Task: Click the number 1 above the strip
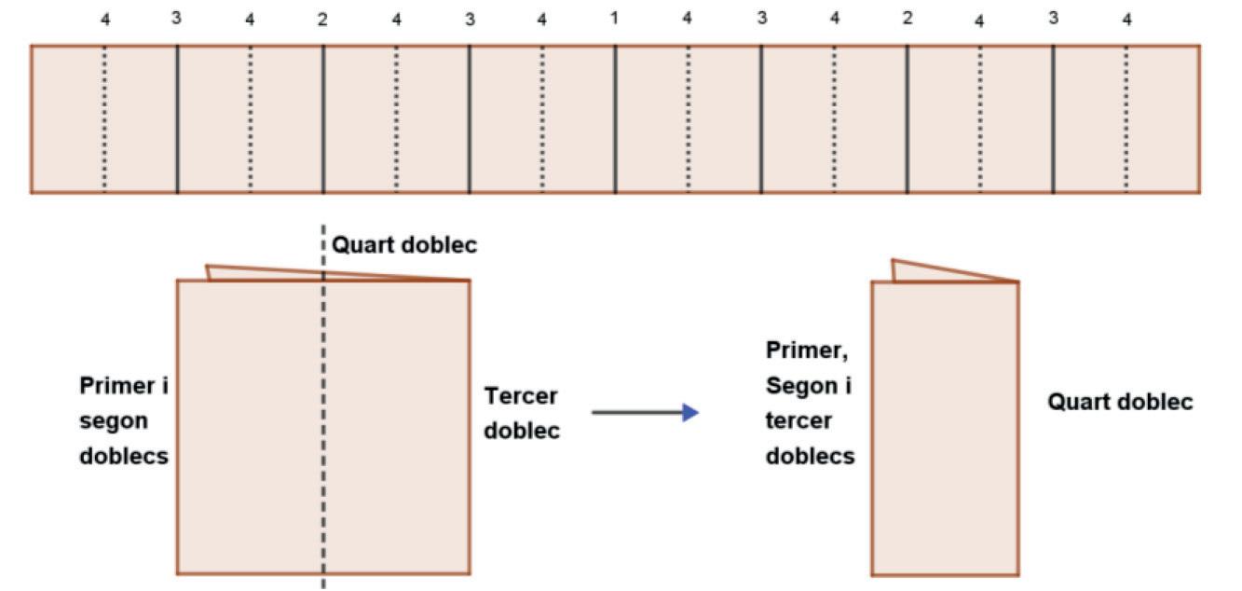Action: click(x=614, y=18)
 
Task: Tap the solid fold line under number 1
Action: click(x=615, y=119)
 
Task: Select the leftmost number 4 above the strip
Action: click(x=105, y=20)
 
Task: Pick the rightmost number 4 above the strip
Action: click(x=1126, y=20)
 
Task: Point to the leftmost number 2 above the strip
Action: click(x=322, y=20)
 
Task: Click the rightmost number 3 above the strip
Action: click(x=1053, y=18)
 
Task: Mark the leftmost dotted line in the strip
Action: click(x=104, y=119)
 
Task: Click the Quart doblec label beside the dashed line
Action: click(x=404, y=245)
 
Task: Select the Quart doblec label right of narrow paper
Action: click(x=1120, y=402)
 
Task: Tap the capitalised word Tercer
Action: click(x=521, y=396)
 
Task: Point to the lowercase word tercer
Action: click(x=798, y=420)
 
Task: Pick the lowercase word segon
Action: click(x=114, y=421)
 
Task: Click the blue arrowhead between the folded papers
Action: click(x=689, y=412)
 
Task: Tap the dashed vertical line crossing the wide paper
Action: click(x=323, y=419)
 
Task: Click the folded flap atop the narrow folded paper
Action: click(x=932, y=271)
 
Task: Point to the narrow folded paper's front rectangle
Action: click(x=945, y=429)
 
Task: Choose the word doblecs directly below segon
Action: click(x=124, y=457)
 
